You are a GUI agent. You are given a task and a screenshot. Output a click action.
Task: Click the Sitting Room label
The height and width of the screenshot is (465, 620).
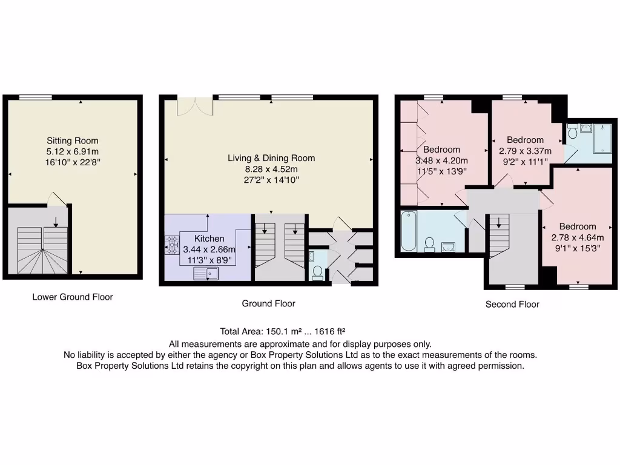(73, 141)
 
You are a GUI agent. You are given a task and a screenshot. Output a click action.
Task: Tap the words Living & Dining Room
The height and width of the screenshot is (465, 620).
(271, 158)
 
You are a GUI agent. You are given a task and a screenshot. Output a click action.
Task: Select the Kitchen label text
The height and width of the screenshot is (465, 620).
(209, 239)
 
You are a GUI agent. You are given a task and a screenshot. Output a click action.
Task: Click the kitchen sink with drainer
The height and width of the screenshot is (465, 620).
(206, 274)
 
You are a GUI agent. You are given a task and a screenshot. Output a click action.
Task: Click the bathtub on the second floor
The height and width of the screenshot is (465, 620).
(407, 231)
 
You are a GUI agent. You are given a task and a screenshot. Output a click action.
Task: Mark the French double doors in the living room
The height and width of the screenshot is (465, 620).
(194, 105)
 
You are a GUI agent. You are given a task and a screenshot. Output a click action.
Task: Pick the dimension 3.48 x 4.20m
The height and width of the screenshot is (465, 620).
(442, 160)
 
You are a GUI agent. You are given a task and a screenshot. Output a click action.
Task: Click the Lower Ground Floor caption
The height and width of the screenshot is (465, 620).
(73, 297)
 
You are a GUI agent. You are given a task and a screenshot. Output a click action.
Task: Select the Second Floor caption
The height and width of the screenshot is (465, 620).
(512, 305)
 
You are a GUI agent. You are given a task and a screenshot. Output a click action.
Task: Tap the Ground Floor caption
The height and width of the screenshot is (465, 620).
(269, 303)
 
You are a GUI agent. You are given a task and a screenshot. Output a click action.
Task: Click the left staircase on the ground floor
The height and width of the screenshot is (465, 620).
(265, 245)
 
